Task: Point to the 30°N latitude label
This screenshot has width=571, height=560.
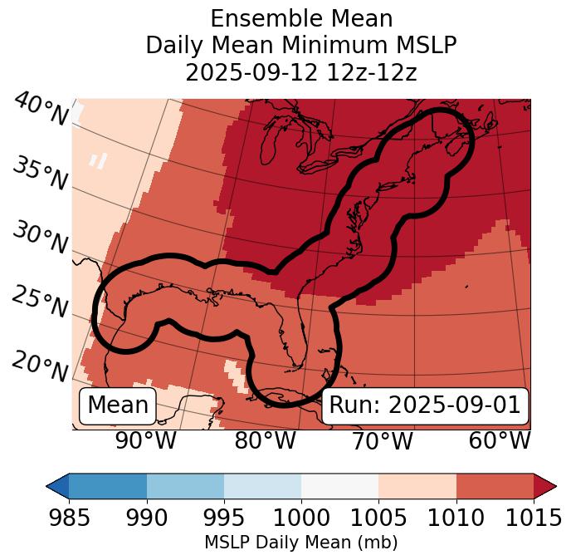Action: point(40,238)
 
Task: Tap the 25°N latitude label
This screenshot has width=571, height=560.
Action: point(40,302)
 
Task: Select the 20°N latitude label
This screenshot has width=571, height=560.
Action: point(40,366)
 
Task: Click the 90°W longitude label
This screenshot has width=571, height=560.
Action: point(145,441)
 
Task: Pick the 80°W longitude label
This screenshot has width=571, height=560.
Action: point(265,441)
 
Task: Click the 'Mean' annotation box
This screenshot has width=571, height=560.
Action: point(118,405)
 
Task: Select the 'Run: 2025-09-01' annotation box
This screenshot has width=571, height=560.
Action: point(425,405)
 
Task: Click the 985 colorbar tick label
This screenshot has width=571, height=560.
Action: point(69,518)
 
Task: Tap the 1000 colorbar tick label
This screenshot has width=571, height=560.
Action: point(301,518)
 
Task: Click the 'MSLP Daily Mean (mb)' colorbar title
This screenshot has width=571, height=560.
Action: point(300,543)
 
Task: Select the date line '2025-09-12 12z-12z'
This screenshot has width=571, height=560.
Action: point(301,72)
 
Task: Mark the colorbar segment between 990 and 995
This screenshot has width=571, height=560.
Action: point(185,486)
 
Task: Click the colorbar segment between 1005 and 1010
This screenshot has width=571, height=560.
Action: point(417,486)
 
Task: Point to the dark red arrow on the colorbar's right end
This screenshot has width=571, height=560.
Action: point(545,486)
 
